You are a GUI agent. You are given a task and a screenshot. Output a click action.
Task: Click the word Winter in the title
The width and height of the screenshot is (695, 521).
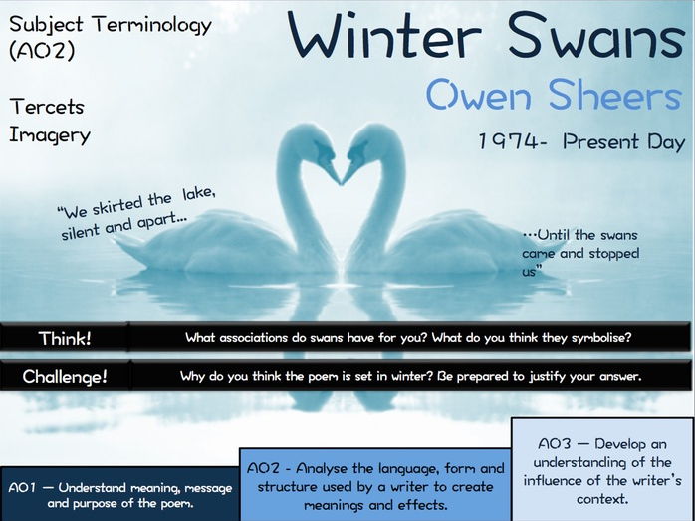click(x=384, y=35)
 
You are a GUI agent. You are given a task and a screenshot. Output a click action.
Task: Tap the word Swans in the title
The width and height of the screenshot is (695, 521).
click(x=596, y=36)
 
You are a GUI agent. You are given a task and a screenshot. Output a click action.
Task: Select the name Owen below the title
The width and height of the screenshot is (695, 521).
click(x=479, y=95)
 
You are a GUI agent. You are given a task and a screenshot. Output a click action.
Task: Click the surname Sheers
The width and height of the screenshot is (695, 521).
click(x=615, y=94)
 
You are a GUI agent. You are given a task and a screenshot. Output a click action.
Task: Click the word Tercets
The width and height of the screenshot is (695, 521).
click(x=47, y=107)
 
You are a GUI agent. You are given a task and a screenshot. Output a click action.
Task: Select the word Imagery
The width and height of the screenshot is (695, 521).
click(x=50, y=135)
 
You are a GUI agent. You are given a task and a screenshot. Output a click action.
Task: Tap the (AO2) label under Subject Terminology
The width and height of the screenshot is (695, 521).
click(x=42, y=51)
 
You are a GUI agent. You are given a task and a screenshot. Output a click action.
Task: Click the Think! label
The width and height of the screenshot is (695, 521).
click(x=65, y=338)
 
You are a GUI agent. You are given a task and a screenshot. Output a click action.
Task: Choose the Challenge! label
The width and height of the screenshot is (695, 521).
click(x=65, y=376)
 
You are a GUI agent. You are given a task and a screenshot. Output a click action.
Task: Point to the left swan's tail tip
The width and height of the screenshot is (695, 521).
click(x=116, y=238)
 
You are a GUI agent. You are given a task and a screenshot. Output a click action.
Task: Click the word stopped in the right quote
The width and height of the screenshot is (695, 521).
click(x=614, y=254)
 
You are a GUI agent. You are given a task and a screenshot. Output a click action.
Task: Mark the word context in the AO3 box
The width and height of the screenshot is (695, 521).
click(x=602, y=500)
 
